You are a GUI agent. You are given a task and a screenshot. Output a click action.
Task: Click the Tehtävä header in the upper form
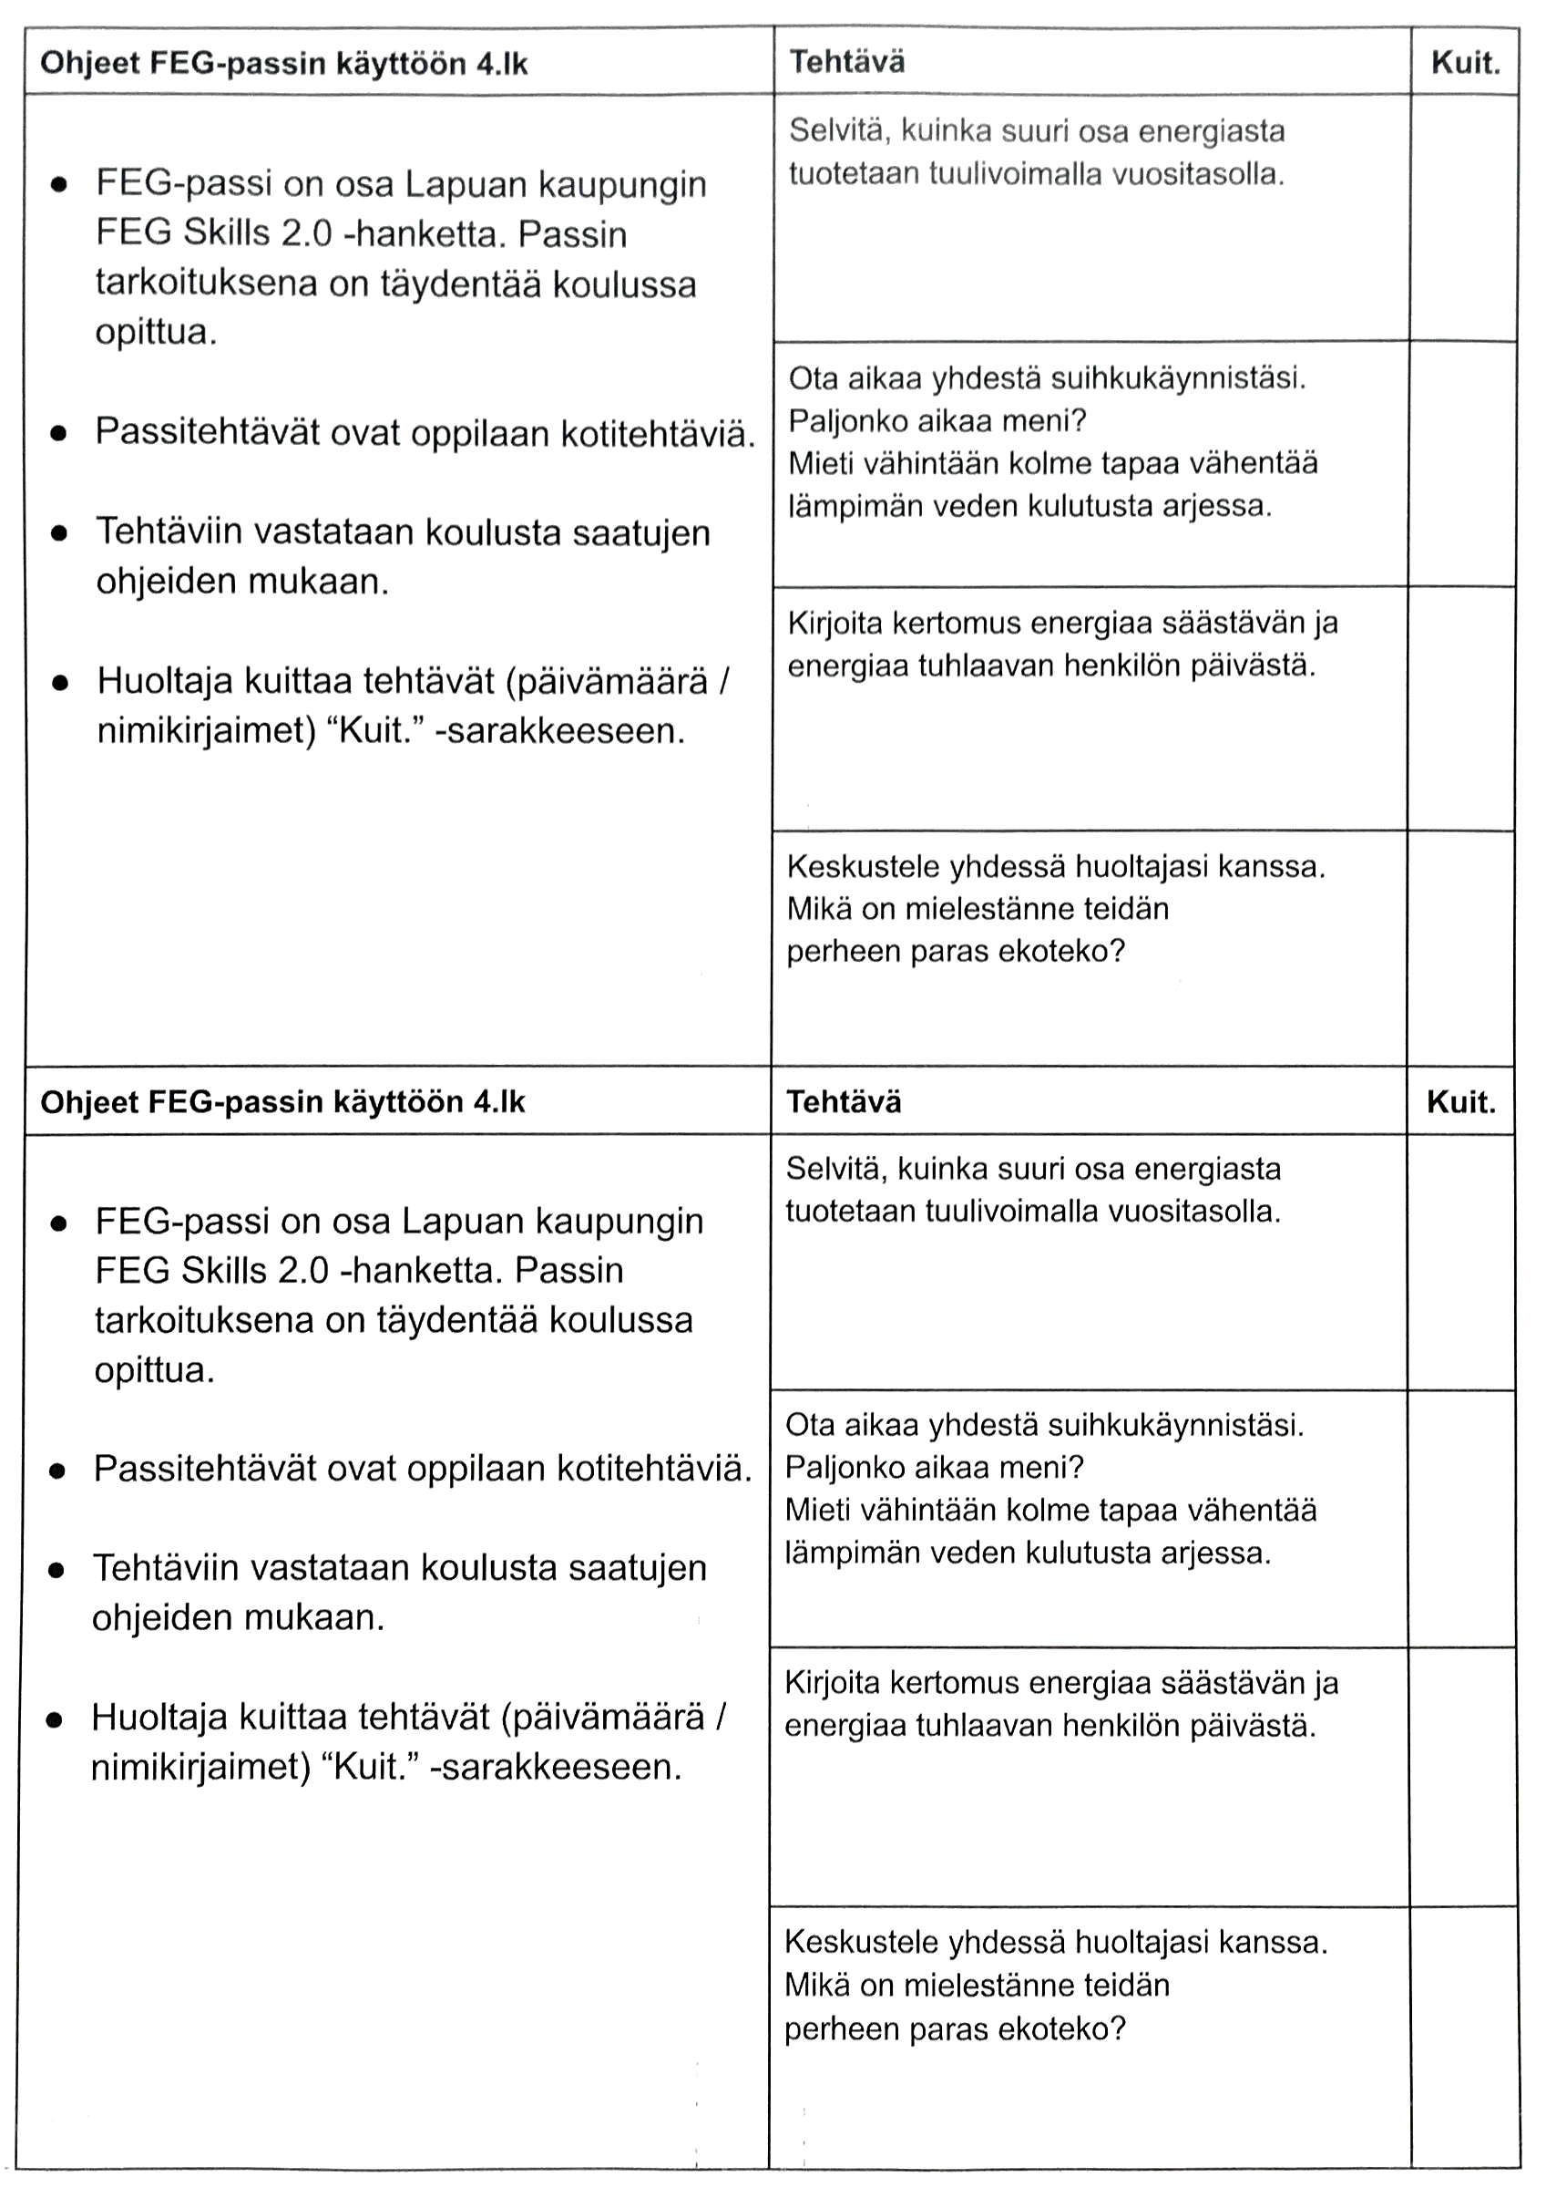point(847,62)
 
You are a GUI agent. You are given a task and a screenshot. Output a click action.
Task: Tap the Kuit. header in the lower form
point(1460,1102)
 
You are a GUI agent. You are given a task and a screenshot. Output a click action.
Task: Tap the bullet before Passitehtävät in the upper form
point(59,434)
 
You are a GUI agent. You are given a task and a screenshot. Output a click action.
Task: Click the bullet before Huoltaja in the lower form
point(56,1719)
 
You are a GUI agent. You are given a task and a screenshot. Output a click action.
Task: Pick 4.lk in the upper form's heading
point(501,64)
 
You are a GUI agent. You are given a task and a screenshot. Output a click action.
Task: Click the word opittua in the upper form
point(156,333)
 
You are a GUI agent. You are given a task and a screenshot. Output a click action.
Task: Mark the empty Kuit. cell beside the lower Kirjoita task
point(1460,1776)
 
